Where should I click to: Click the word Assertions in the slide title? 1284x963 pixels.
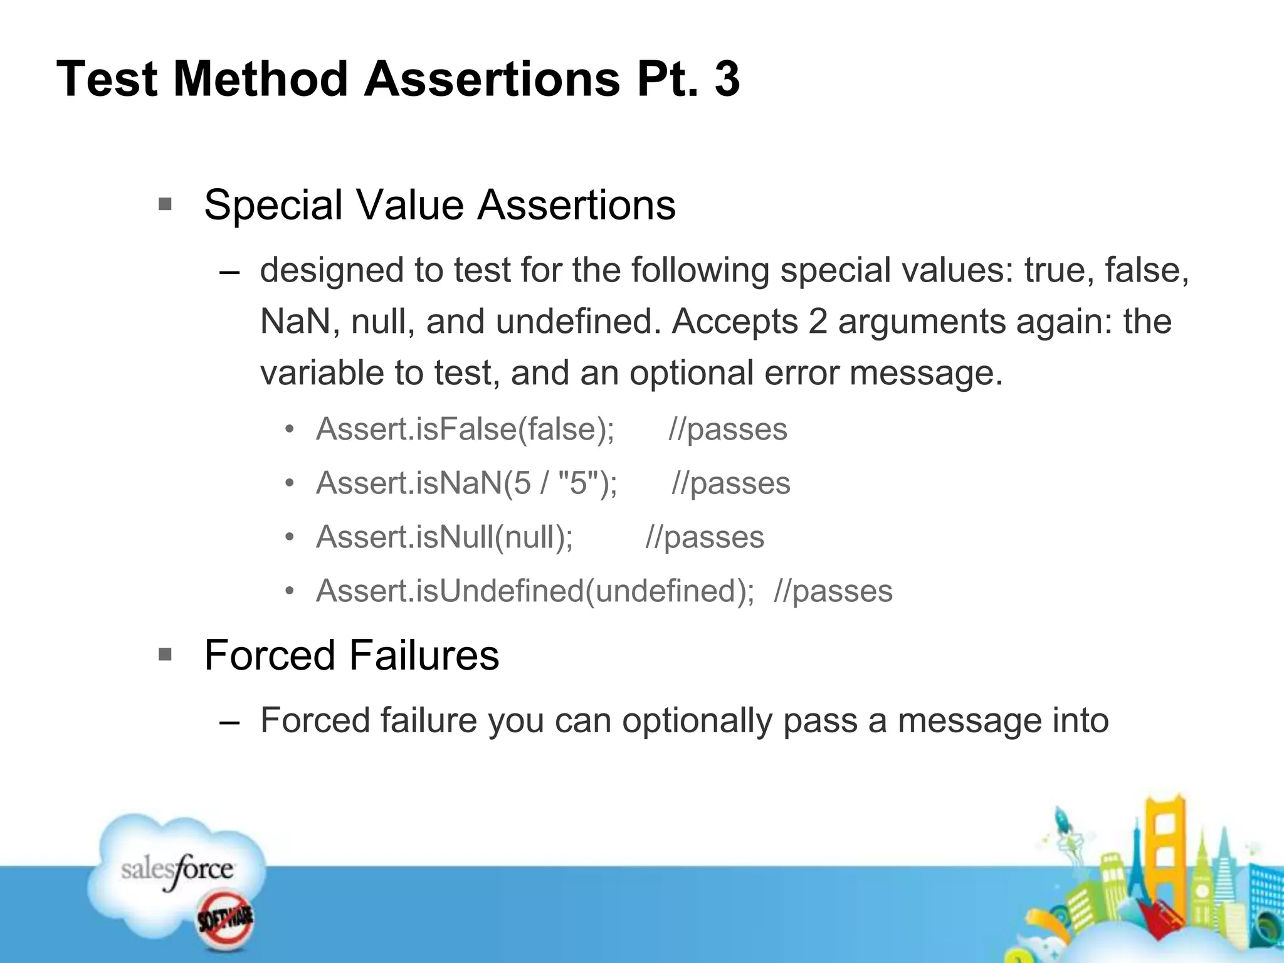coord(492,80)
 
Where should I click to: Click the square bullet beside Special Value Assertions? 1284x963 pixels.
coord(165,204)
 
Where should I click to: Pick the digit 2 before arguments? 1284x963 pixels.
coord(818,322)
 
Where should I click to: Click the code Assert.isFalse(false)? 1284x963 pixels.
coord(465,430)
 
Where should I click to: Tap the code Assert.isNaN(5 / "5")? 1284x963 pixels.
coord(467,483)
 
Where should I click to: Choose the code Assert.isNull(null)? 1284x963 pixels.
coord(445,537)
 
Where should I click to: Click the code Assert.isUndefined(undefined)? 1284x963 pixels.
coord(535,591)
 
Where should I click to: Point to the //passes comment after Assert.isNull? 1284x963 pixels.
coord(705,537)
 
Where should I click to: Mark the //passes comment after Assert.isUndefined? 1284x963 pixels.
coord(833,591)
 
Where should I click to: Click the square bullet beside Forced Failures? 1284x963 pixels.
coord(165,655)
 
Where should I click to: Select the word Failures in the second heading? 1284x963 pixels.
coord(424,656)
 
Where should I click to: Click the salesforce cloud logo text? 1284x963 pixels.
coord(177,870)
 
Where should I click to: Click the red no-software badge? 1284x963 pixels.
coord(226,920)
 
